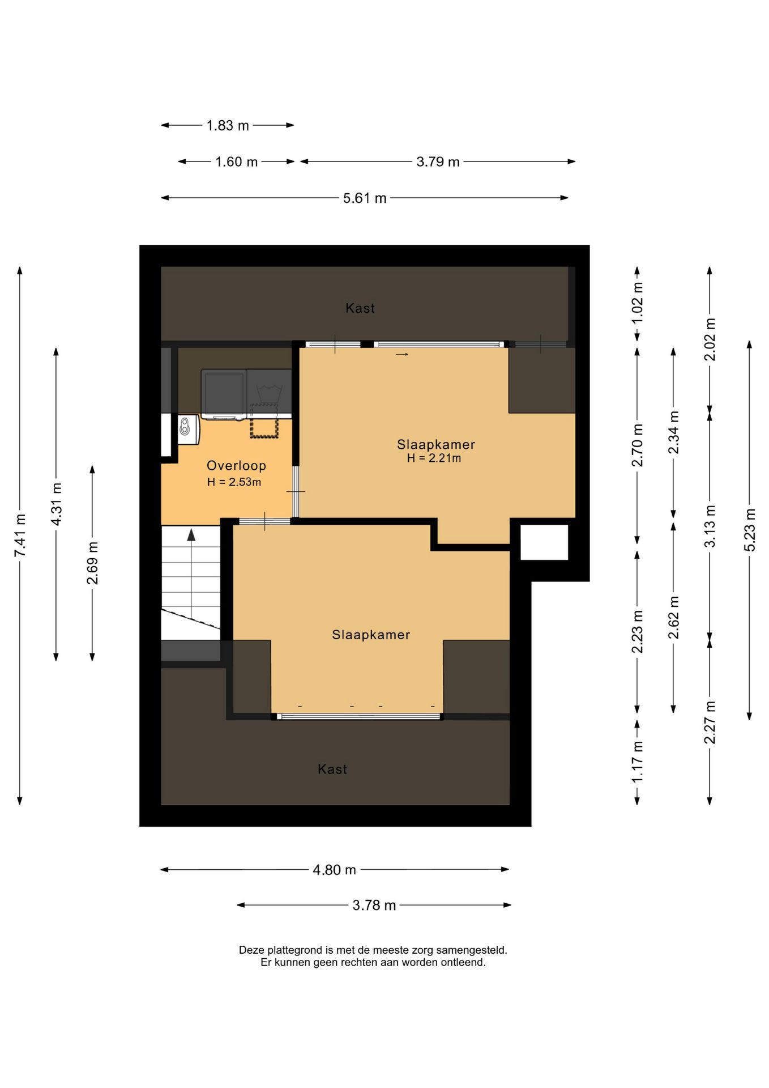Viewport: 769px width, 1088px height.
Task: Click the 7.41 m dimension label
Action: point(20,535)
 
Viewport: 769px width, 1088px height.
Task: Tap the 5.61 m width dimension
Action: point(365,198)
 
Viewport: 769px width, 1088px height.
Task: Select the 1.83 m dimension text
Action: point(228,126)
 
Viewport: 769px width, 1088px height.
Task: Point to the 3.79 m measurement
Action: point(438,162)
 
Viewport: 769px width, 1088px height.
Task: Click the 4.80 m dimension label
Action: point(334,870)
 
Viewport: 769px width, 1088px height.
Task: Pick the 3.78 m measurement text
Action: point(374,906)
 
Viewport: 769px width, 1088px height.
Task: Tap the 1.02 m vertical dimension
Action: point(638,303)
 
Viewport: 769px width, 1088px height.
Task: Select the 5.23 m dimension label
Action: point(750,530)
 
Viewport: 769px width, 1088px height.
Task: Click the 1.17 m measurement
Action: point(638,762)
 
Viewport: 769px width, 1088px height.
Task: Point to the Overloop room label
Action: point(236,466)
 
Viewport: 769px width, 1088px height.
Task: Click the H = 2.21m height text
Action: point(434,458)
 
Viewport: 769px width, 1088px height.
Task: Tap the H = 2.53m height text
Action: point(234,482)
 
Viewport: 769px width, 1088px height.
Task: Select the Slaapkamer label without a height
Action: point(371,635)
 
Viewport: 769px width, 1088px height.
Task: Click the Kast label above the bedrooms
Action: point(360,308)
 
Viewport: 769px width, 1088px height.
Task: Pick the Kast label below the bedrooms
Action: point(332,770)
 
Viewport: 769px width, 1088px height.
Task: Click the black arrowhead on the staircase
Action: point(191,534)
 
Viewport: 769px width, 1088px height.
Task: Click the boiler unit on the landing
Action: point(189,430)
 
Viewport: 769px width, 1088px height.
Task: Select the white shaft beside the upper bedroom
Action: point(544,542)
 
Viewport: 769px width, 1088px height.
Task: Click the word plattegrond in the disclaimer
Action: point(293,950)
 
